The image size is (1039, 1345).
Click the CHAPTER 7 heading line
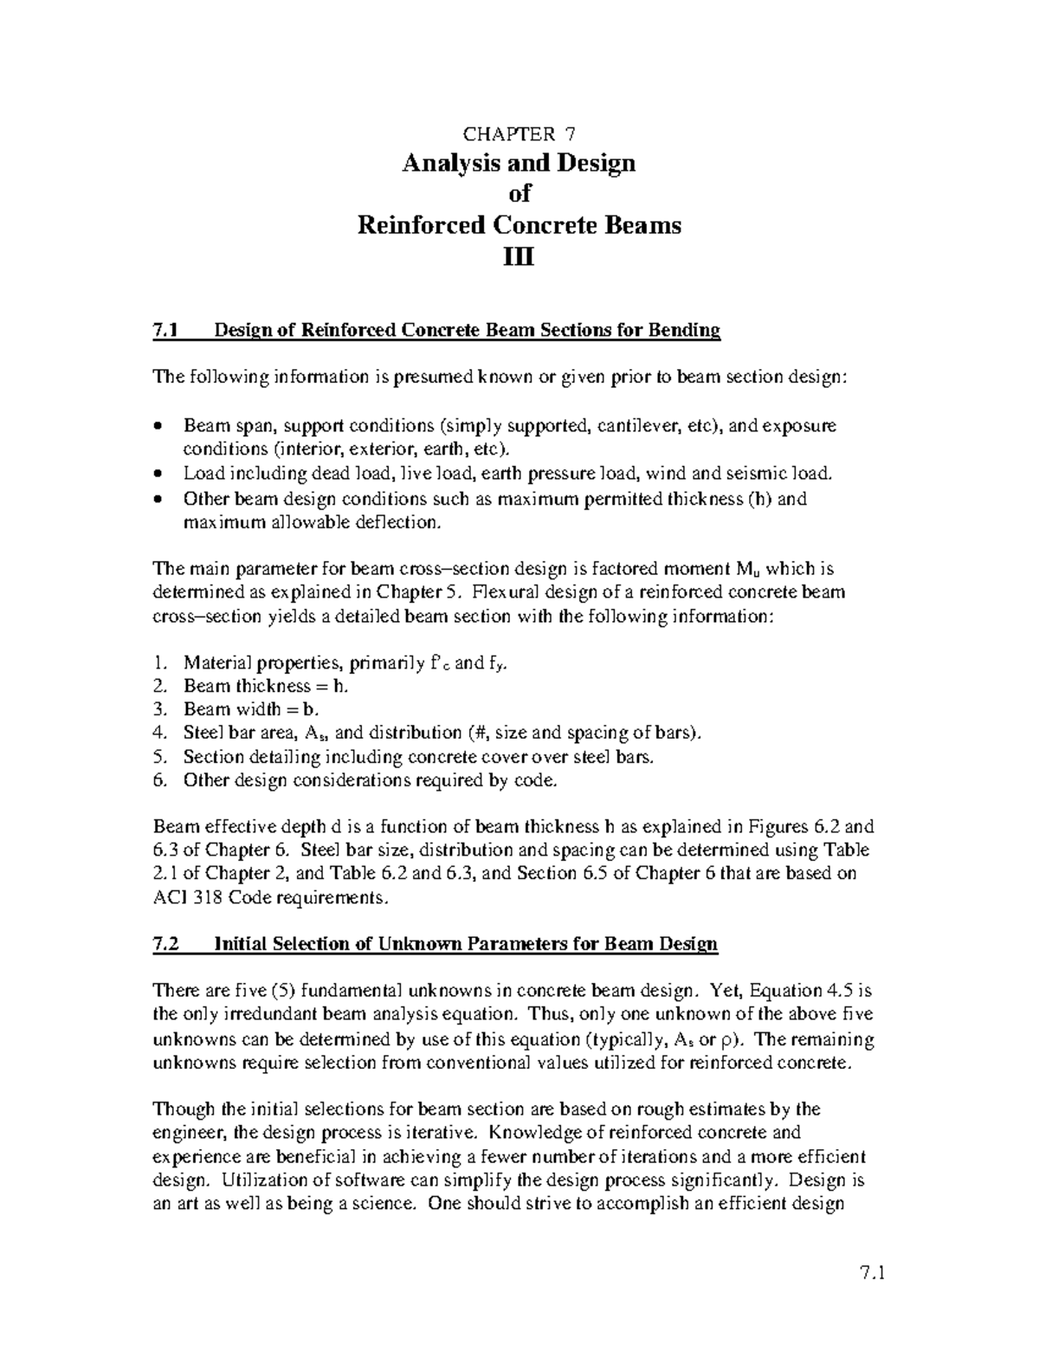pos(519,133)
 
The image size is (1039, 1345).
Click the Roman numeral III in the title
pos(519,257)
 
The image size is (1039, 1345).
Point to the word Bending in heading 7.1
pos(688,330)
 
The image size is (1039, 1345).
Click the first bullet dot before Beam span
pos(157,426)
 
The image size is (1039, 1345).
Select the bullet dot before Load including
pos(157,474)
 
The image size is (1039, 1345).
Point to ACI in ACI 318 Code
pos(167,898)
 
